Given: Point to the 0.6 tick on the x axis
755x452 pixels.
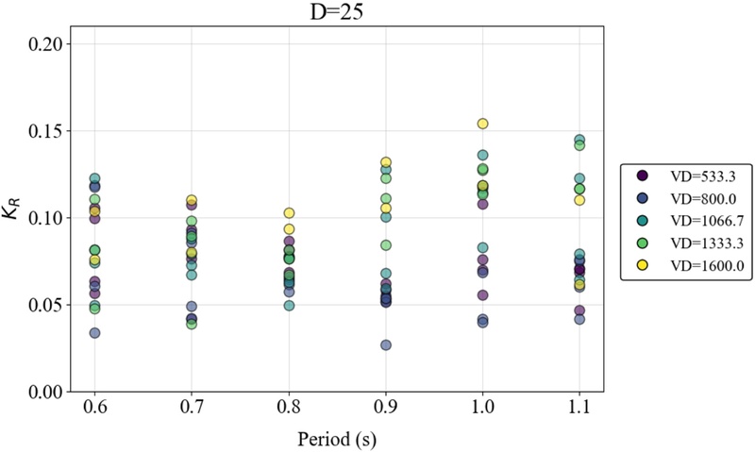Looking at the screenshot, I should pos(94,408).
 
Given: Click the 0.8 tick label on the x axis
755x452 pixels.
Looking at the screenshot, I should pos(289,408).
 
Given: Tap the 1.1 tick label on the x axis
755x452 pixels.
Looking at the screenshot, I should pos(579,408).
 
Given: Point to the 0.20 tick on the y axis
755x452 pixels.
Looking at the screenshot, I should pos(48,43).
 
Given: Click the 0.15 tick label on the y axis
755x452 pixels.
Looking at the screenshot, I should pos(48,131).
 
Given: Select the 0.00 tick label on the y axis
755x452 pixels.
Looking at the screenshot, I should pos(48,392).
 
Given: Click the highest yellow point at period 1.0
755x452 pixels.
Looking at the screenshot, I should pos(483,124).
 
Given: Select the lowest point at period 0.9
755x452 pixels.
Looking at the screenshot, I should pos(386,345).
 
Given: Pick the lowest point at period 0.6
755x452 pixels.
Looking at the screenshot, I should pos(94,333).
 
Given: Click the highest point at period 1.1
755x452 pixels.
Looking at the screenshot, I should pos(579,141).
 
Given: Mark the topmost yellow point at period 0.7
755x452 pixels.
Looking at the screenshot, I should pos(192,200).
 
